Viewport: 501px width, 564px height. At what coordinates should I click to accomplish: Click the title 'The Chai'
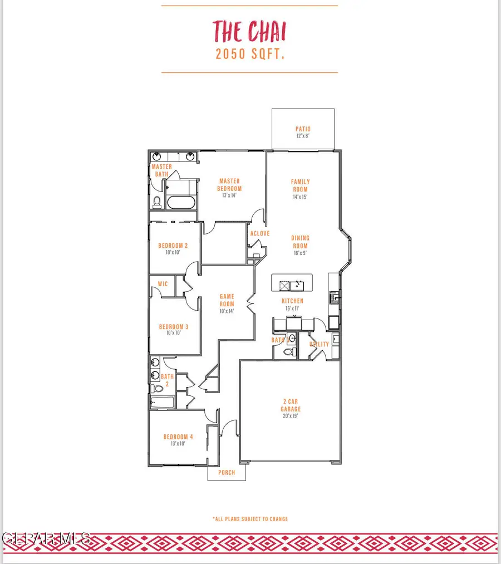tap(249, 31)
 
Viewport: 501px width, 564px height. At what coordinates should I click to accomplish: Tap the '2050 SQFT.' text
tap(249, 55)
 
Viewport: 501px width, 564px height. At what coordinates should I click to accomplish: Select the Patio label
tap(303, 130)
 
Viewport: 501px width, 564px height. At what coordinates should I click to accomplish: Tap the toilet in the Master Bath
tap(156, 202)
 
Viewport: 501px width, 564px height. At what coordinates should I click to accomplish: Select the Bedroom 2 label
tap(173, 246)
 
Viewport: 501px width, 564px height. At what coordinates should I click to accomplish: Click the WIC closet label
tap(163, 284)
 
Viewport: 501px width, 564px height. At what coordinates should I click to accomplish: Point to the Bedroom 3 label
tap(174, 327)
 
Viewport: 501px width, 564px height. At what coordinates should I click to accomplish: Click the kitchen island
tap(293, 283)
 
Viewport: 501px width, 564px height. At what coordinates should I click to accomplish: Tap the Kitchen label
tap(292, 301)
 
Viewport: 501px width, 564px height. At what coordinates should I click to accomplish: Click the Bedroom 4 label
tap(178, 437)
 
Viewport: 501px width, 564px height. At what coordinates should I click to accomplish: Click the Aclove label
tap(260, 233)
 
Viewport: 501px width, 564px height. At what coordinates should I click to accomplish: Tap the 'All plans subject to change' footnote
tap(250, 519)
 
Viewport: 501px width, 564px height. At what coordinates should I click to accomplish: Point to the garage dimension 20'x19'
tap(290, 415)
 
